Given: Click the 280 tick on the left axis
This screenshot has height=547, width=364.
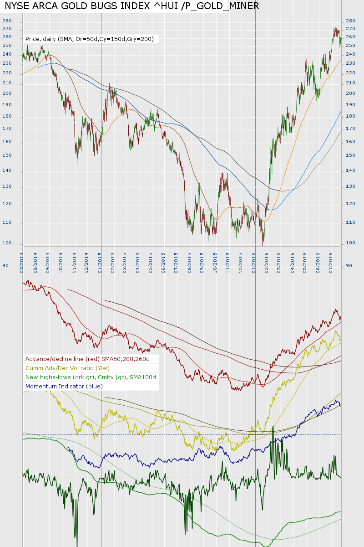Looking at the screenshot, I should (7, 21).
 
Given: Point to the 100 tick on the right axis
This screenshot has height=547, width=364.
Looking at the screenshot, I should (351, 243).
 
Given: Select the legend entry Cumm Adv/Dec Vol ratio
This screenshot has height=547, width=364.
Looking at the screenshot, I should (67, 368).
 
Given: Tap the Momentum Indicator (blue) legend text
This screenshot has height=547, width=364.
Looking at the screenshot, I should (64, 386).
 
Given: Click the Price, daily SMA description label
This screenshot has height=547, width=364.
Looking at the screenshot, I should (92, 39).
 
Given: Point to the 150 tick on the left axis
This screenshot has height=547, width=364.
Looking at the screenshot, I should (7, 156).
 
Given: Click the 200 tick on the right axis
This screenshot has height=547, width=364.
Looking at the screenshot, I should (351, 93).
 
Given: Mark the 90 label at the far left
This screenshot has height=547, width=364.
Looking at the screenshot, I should (5, 265).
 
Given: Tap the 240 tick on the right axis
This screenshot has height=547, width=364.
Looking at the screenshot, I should (351, 54).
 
